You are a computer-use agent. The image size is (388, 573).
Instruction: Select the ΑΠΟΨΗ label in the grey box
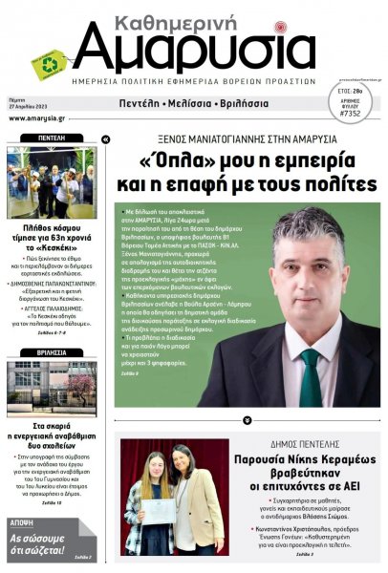[22, 523]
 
